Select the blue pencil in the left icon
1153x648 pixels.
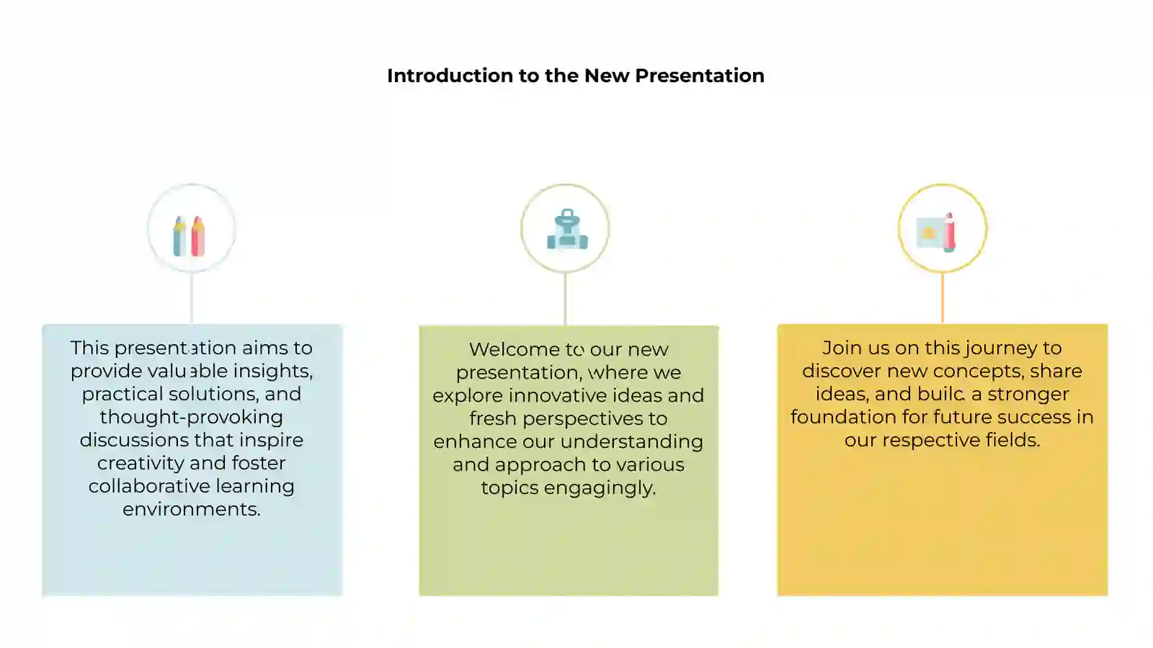coord(179,237)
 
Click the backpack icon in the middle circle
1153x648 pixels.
coord(567,230)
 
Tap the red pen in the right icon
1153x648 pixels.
coord(950,233)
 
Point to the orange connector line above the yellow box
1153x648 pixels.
coord(942,298)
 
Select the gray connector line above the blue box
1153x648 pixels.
coord(192,298)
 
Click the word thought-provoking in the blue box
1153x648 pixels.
coord(191,417)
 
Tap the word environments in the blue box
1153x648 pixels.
coord(190,509)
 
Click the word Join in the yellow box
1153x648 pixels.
coord(840,348)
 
